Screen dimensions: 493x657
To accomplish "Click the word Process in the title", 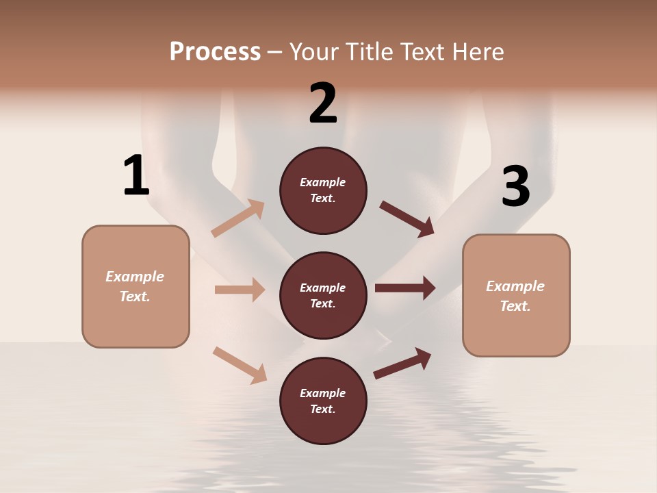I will [x=215, y=52].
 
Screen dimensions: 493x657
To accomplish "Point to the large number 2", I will [x=323, y=103].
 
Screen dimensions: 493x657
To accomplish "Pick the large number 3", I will [x=515, y=187].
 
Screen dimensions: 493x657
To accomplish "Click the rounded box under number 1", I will [x=136, y=286].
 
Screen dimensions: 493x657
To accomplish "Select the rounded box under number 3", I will [x=516, y=295].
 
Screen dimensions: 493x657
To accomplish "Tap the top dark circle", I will [x=323, y=190].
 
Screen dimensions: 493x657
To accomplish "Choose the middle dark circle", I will [x=323, y=295].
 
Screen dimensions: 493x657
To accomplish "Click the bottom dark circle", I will [x=323, y=401].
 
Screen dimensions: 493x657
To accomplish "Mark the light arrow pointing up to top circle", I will [x=238, y=218].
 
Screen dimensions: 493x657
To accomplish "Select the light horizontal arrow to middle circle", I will [x=240, y=290].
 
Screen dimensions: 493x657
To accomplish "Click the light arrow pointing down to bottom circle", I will [x=240, y=365].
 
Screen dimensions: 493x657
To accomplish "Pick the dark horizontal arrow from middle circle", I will [x=405, y=288].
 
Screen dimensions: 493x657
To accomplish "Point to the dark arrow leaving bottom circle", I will [x=402, y=363].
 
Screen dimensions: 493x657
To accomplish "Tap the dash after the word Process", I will [x=274, y=53].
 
